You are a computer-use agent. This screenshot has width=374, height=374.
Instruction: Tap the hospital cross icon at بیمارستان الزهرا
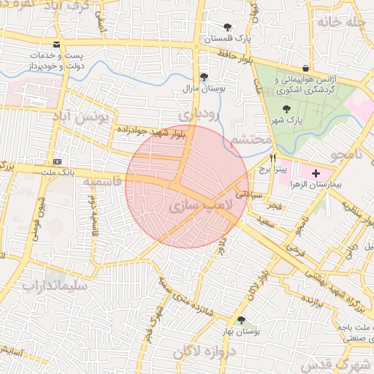(x=316, y=173)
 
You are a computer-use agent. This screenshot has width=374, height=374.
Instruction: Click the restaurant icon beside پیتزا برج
(x=272, y=158)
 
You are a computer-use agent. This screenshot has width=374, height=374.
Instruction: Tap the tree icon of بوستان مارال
(x=204, y=77)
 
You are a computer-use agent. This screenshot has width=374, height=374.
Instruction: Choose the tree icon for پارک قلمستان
(x=227, y=27)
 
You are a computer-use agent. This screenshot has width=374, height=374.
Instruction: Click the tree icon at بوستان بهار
(x=241, y=320)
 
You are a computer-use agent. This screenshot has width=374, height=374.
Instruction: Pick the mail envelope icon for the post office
(x=57, y=45)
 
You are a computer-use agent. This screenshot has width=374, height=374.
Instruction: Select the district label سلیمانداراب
(x=55, y=286)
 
